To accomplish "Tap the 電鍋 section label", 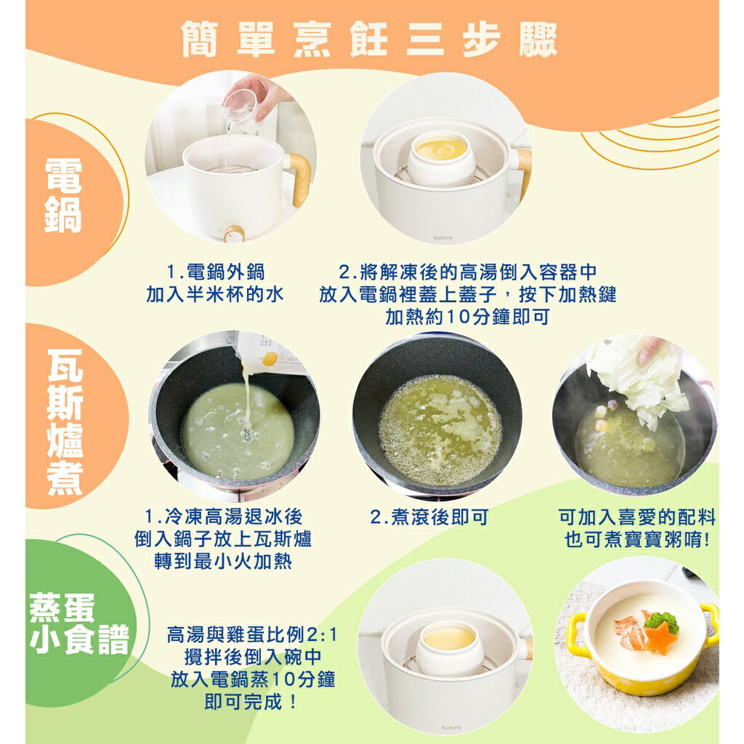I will click(64, 195).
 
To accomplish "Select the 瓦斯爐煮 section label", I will click(65, 423).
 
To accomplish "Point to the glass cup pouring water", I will click(240, 106).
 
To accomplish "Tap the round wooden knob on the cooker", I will click(234, 234).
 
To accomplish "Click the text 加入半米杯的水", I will click(214, 294).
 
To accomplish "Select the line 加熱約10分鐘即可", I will click(467, 317).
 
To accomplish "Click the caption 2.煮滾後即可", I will click(429, 517).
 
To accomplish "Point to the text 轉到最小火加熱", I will click(222, 562).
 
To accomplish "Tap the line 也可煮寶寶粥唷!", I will click(636, 540).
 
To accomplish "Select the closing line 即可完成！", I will click(251, 702).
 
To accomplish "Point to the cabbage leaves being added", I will click(636, 378).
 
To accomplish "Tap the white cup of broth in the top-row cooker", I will click(442, 156).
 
